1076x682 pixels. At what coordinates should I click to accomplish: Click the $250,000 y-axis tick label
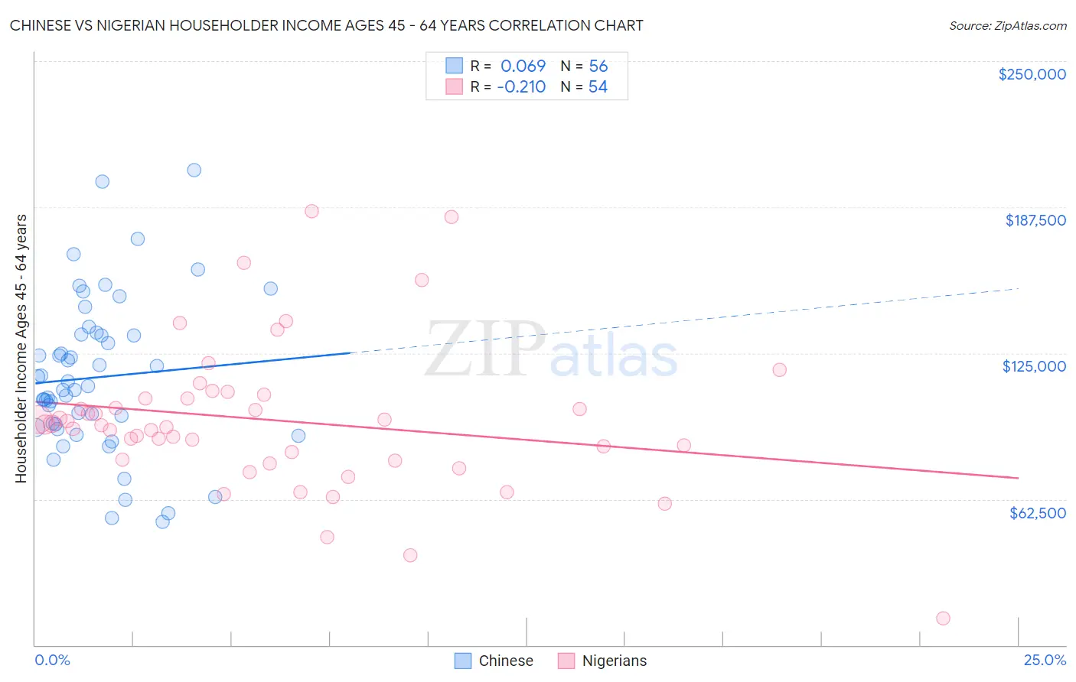1032,74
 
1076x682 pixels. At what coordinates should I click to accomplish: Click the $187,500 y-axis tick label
1035,220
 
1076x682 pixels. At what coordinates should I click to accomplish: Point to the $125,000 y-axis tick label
1034,366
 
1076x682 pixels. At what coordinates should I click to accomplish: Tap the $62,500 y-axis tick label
1037,513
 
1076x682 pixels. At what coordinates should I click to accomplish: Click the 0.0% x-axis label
52,660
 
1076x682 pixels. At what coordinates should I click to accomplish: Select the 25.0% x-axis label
1045,660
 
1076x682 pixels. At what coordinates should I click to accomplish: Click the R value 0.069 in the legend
523,66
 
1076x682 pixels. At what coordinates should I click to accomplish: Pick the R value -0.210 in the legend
520,87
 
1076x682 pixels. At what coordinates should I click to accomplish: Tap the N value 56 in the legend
598,66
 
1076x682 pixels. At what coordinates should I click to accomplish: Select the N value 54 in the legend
598,87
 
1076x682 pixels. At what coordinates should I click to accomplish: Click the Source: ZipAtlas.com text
1007,25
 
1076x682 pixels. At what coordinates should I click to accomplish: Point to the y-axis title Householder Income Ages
21,348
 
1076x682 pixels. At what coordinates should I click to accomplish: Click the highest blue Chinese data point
194,170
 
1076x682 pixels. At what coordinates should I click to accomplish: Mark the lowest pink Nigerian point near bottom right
943,619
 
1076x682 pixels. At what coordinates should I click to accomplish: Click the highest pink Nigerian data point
311,211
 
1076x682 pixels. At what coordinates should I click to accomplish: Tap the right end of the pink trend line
1018,478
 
